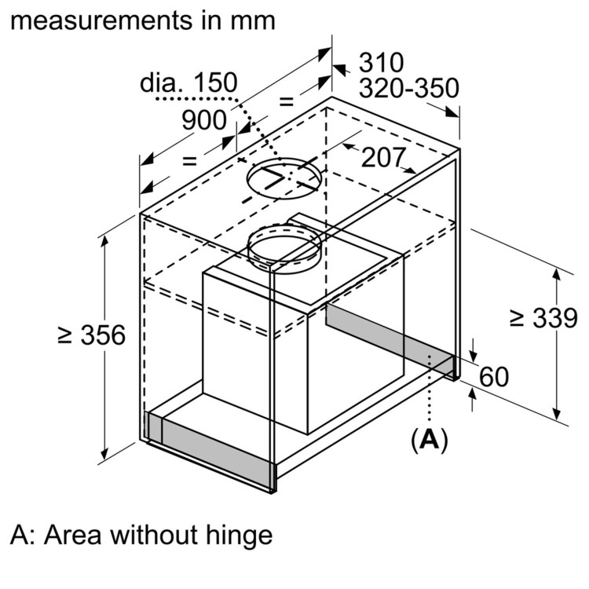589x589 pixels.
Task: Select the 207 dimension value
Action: [382, 158]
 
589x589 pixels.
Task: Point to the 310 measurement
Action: [381, 63]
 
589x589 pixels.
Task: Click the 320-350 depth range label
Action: [408, 89]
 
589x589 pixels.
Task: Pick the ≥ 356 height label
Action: [92, 335]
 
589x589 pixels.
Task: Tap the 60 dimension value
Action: [494, 377]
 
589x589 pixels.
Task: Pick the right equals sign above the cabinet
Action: [286, 101]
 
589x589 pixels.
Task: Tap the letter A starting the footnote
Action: [20, 536]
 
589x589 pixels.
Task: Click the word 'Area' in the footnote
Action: [75, 536]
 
